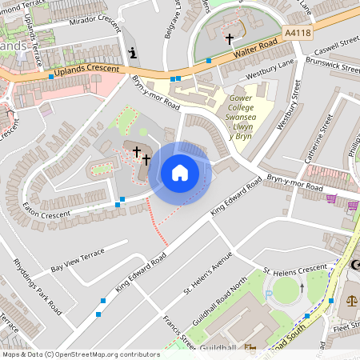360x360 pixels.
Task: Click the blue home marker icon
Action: click(179, 173)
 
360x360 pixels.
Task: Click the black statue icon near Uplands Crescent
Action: click(132, 54)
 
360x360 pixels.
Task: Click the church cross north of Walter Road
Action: click(230, 38)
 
